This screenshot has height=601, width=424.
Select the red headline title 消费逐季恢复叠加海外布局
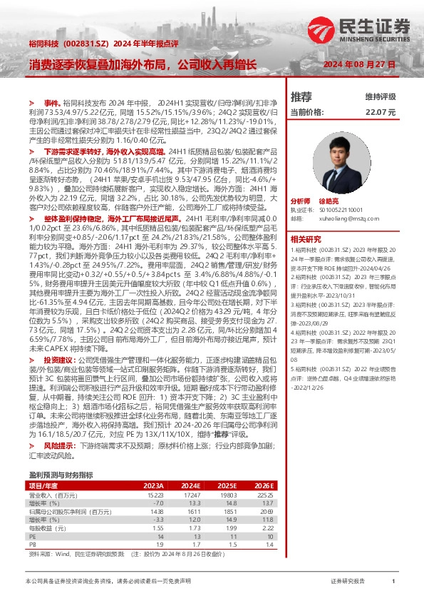click(143, 66)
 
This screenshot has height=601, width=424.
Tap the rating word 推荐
click(301, 96)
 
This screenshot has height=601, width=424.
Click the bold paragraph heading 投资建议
click(61, 360)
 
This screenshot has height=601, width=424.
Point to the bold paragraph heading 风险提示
click(61, 444)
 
